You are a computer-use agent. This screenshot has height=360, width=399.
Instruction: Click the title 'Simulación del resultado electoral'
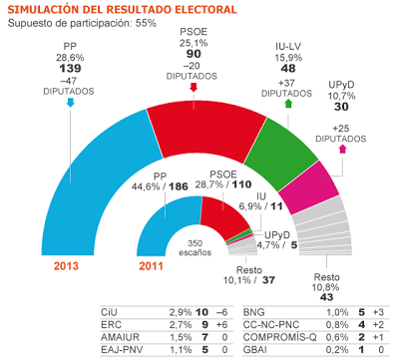point(123,9)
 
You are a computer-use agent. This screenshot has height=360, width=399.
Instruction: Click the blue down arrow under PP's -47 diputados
point(68,102)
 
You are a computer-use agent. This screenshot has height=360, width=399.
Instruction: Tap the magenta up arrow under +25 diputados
point(343,148)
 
